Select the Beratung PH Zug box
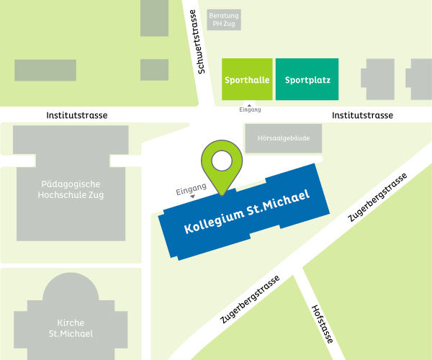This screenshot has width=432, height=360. (224, 19)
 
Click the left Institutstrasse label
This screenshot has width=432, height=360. (77, 115)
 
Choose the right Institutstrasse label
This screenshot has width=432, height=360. (362, 115)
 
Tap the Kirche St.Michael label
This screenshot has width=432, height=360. (71, 328)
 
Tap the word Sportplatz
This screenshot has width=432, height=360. (307, 79)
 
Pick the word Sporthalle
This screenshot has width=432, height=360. (247, 79)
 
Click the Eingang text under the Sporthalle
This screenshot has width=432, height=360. (250, 110)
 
